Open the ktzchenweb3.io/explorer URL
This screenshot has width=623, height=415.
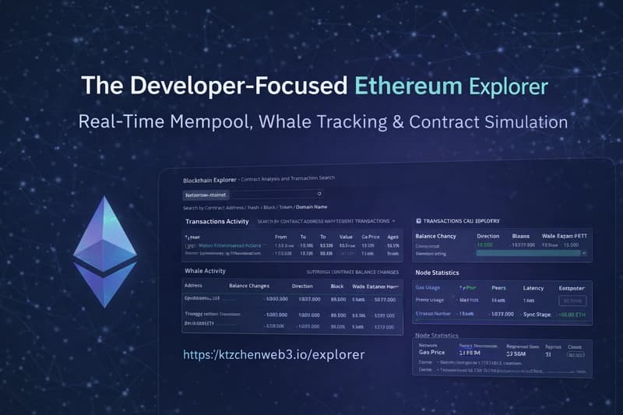273,354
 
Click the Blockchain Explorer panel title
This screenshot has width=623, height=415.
209,181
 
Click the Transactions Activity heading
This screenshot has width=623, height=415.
216,222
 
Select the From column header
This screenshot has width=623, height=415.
280,237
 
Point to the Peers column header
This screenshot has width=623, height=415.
498,287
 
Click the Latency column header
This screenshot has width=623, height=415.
533,287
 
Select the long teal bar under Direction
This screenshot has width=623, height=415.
529,253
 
